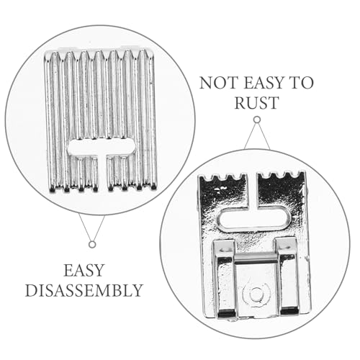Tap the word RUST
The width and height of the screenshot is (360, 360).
pyautogui.click(x=256, y=103)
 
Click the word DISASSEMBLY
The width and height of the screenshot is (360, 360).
pyautogui.click(x=84, y=290)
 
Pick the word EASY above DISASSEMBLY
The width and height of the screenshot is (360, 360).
pyautogui.click(x=84, y=270)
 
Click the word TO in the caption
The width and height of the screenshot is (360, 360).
pyautogui.click(x=302, y=83)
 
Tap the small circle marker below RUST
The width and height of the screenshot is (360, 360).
pyautogui.click(x=257, y=120)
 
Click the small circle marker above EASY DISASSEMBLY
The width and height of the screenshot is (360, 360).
pyautogui.click(x=92, y=244)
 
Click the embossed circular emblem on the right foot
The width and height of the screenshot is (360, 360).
pyautogui.click(x=255, y=293)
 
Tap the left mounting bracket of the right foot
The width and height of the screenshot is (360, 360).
pyautogui.click(x=225, y=278)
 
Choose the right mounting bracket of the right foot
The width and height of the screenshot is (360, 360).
pyautogui.click(x=287, y=276)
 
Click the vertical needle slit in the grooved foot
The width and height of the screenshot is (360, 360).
pyautogui.click(x=102, y=173)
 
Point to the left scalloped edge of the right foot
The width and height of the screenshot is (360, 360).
pyautogui.click(x=222, y=178)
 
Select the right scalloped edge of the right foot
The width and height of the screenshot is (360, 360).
pyautogui.click(x=282, y=176)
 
